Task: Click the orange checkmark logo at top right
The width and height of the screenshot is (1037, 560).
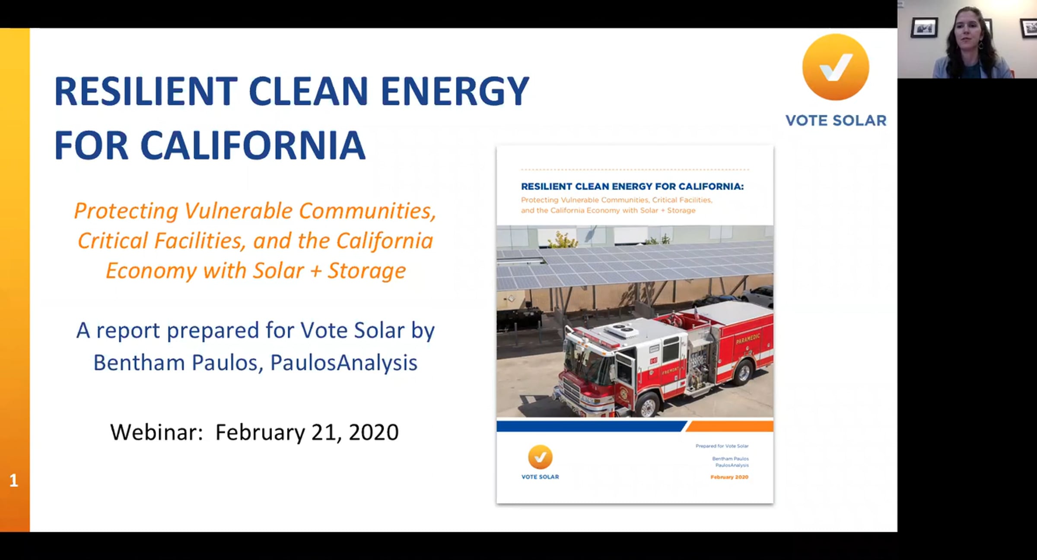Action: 836,67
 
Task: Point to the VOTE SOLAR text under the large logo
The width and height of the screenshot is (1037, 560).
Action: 836,120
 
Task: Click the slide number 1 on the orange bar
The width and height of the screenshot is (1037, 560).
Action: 14,481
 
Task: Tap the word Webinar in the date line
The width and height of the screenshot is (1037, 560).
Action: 156,432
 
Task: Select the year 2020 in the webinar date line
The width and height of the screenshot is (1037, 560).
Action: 374,432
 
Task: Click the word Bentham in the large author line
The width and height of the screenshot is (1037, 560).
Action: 139,362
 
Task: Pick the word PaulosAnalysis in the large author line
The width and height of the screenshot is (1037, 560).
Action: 344,363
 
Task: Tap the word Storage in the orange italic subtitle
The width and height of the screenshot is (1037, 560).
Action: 367,271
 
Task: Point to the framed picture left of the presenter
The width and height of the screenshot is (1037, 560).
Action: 924,28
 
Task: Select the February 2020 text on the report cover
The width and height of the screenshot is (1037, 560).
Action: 729,477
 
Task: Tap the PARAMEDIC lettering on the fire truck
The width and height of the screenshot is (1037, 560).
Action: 748,339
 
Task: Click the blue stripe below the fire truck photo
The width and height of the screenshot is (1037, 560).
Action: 591,427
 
